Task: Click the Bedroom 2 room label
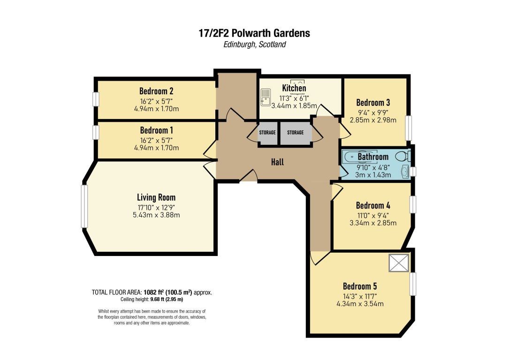pyautogui.click(x=156, y=91)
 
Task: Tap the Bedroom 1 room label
pyautogui.click(x=157, y=130)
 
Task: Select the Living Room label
pyautogui.click(x=156, y=197)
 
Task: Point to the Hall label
pyautogui.click(x=277, y=162)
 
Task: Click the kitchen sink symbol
pyautogui.click(x=265, y=97)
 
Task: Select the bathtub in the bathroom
pyautogui.click(x=360, y=156)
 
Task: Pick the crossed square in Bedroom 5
pyautogui.click(x=399, y=262)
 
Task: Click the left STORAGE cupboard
pyautogui.click(x=267, y=132)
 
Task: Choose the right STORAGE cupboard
pyautogui.click(x=296, y=132)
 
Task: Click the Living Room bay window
pyautogui.click(x=84, y=206)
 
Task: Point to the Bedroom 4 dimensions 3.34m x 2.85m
pyautogui.click(x=373, y=223)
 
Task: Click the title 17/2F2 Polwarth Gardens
pyautogui.click(x=254, y=33)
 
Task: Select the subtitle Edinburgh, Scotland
pyautogui.click(x=254, y=45)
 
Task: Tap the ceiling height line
pyautogui.click(x=152, y=300)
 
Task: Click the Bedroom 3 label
pyautogui.click(x=373, y=103)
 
